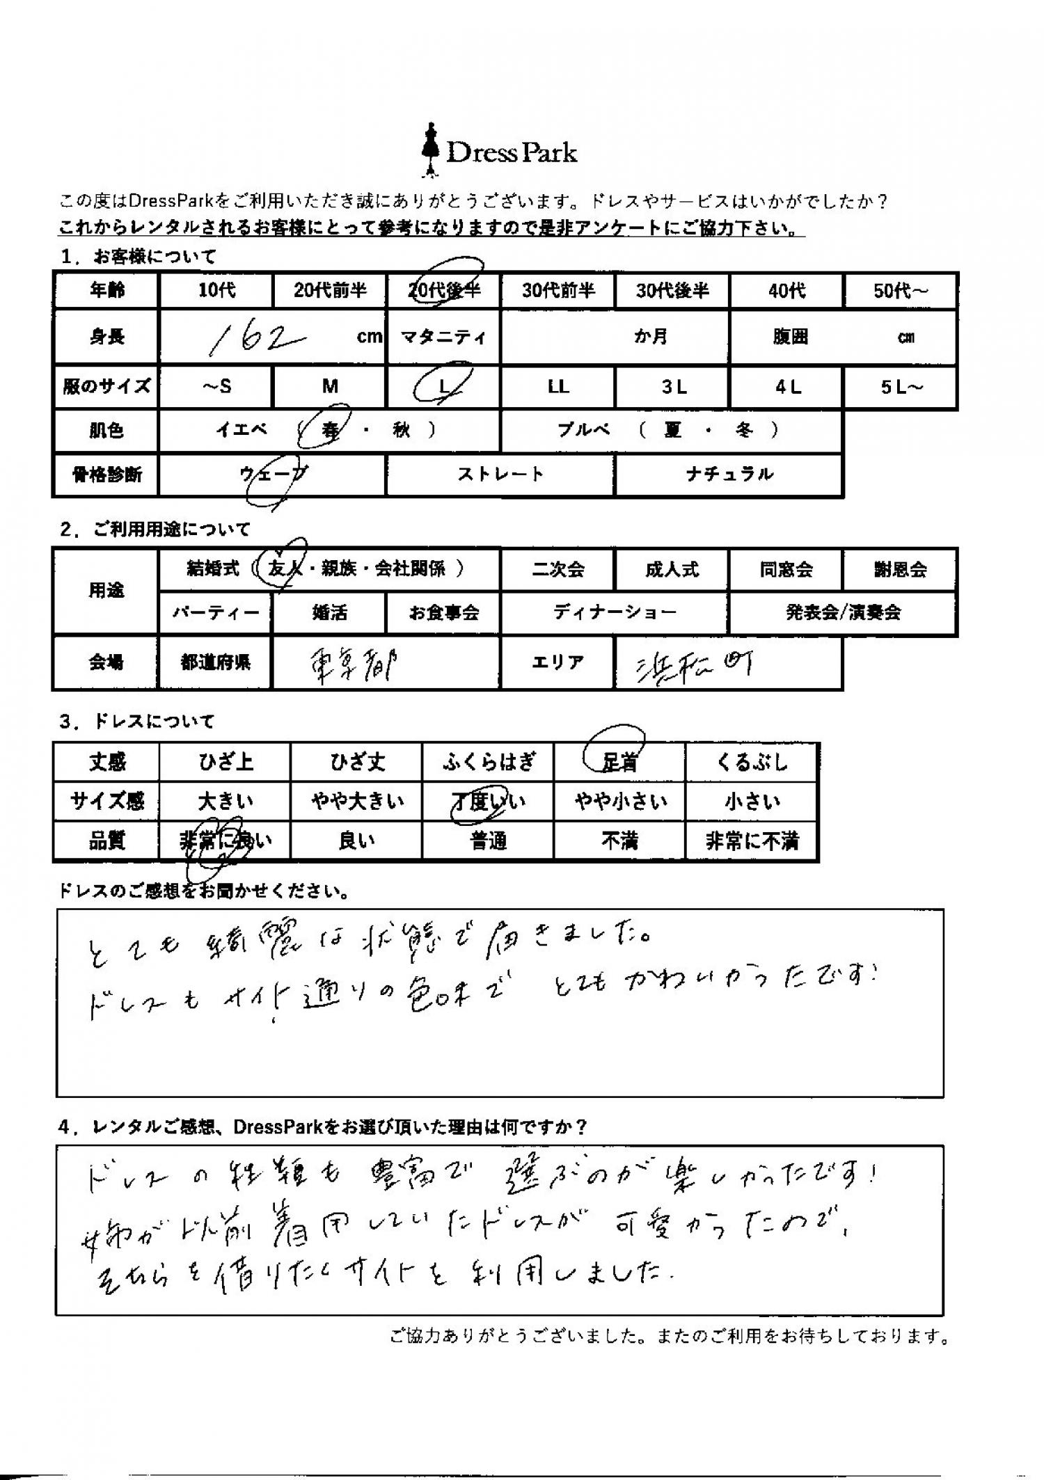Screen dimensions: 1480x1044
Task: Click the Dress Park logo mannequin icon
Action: click(429, 149)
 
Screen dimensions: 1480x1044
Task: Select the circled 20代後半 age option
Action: click(444, 289)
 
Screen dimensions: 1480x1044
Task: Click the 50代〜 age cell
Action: click(901, 290)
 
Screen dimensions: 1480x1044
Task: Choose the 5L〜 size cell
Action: click(901, 387)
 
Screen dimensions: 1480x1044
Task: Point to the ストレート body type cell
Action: click(500, 475)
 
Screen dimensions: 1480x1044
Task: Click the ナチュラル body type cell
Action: click(729, 475)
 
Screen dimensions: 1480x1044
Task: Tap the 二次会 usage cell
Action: click(557, 570)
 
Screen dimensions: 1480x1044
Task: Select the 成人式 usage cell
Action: click(672, 570)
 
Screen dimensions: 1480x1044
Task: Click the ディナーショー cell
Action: click(615, 612)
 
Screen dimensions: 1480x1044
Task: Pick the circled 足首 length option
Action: click(619, 763)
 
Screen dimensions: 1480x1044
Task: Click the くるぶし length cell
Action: click(752, 763)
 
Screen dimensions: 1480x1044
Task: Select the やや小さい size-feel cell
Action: click(620, 802)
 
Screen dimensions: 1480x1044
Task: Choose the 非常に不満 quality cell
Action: click(752, 842)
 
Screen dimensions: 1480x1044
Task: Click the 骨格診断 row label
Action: click(106, 475)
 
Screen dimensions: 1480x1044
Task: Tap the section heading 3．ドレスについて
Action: click(138, 722)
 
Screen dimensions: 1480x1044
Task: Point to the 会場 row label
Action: click(106, 662)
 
